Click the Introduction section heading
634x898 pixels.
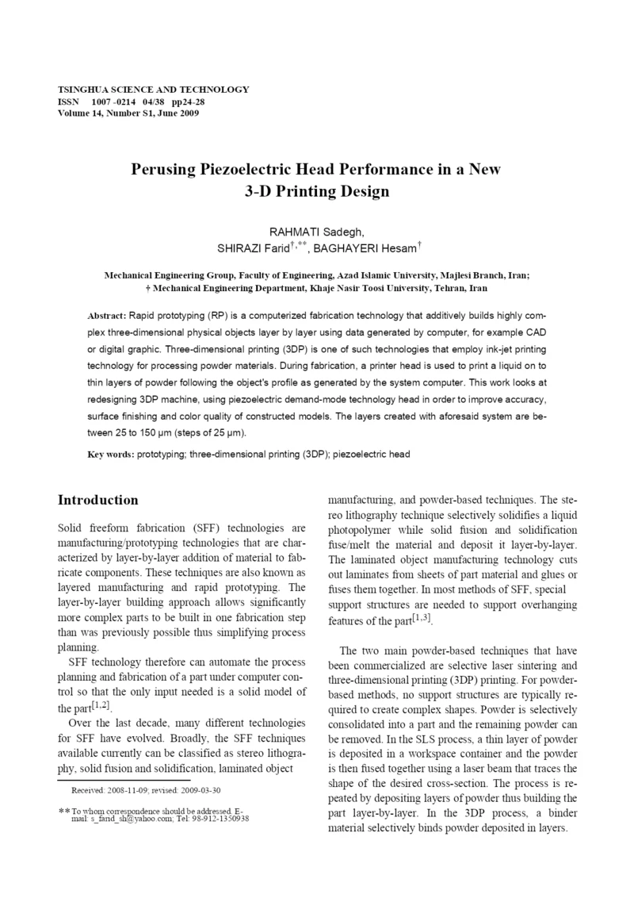(98, 501)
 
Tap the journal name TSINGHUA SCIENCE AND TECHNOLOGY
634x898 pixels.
(153, 90)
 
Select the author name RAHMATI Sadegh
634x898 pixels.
(316, 232)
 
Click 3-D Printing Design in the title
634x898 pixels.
(317, 191)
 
